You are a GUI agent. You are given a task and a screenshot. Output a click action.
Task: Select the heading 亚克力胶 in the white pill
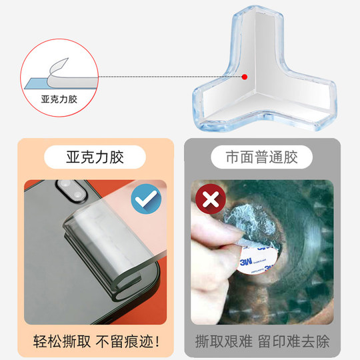click(x=95, y=158)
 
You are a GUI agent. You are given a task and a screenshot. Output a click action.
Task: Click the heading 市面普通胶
click(x=262, y=158)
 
